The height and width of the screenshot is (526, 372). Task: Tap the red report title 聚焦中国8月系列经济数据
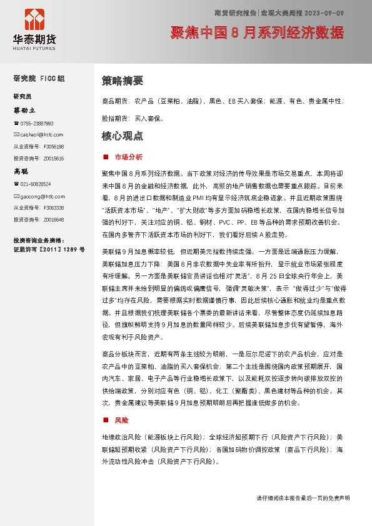(257, 32)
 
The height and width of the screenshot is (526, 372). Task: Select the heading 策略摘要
(123, 81)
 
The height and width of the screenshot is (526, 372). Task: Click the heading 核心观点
(123, 136)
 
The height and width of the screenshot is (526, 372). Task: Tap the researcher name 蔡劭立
(25, 110)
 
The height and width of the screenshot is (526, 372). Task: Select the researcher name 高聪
(21, 171)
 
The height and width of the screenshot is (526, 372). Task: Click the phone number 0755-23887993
(36, 124)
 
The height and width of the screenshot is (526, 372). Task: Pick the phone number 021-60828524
(35, 184)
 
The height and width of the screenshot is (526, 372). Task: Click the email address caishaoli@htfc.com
(41, 134)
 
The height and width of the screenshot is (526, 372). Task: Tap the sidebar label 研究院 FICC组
(39, 79)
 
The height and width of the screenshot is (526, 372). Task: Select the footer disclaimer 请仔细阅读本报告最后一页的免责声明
(303, 498)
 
